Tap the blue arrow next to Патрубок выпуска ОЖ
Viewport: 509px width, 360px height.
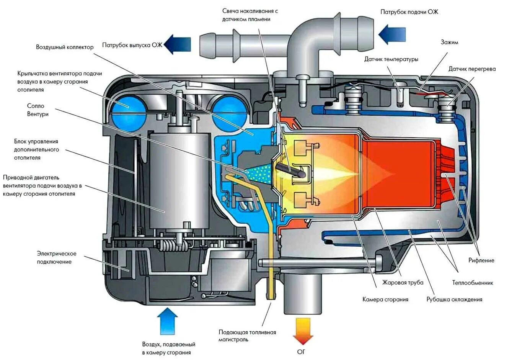(x=178, y=44)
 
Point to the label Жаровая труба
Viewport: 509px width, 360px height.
(x=403, y=283)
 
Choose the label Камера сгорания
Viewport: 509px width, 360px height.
(x=385, y=299)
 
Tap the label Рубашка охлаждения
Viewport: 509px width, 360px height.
(x=454, y=299)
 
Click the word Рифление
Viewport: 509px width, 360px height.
(x=481, y=260)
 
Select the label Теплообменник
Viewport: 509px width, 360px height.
(x=473, y=283)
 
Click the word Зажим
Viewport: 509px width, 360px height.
(x=449, y=42)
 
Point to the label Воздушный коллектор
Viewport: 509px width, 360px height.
(x=65, y=47)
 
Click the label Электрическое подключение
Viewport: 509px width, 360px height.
(x=57, y=258)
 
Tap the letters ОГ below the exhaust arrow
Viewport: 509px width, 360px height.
(x=301, y=352)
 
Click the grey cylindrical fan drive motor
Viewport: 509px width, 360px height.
(x=180, y=180)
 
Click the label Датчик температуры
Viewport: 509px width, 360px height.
(x=391, y=59)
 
